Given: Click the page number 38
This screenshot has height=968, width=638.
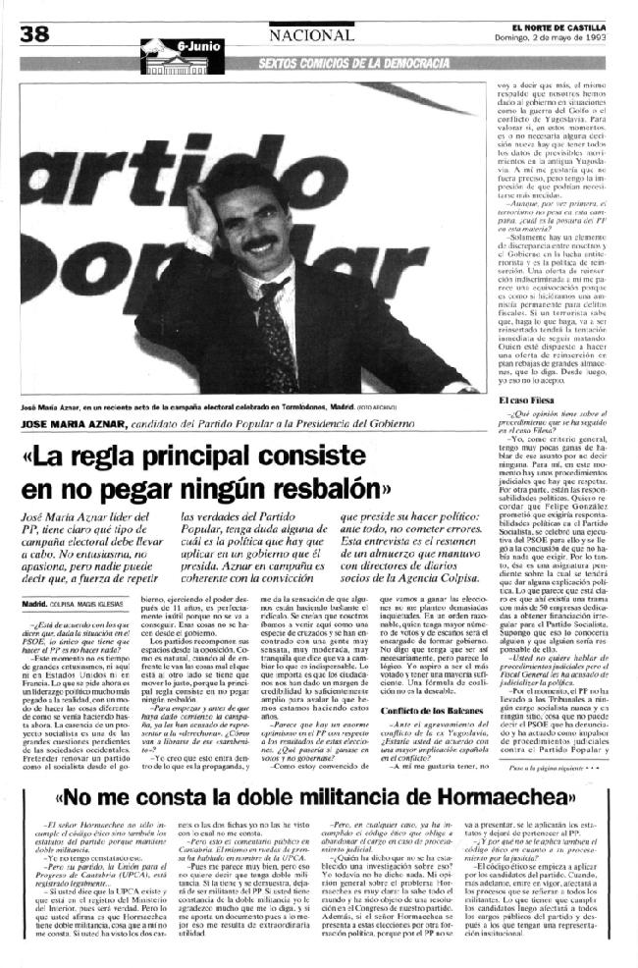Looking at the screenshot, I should [x=33, y=34].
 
